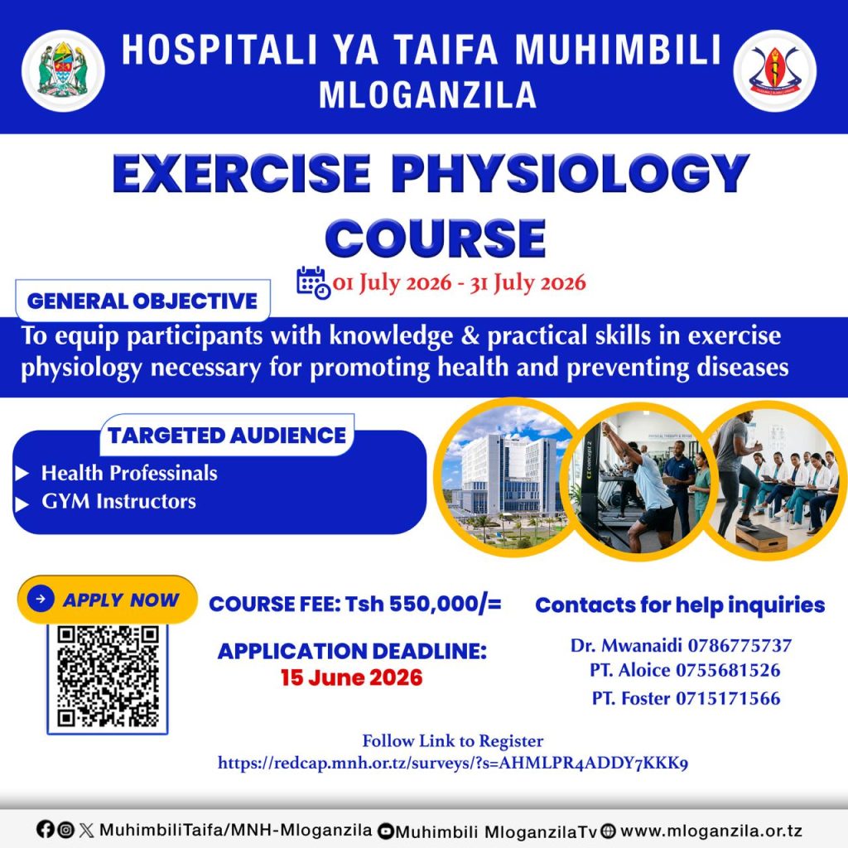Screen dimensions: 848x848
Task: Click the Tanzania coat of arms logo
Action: click(63, 71)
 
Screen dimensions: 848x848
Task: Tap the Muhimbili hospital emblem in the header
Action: click(774, 71)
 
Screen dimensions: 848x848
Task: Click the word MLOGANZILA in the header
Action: click(428, 95)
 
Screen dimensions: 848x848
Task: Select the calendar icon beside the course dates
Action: click(313, 282)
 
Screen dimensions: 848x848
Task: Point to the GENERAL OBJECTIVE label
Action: click(142, 301)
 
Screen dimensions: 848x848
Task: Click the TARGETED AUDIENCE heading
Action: click(227, 436)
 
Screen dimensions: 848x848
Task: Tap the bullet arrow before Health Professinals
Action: click(22, 474)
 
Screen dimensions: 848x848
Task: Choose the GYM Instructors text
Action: click(119, 501)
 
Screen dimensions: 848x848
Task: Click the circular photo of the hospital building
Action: click(506, 479)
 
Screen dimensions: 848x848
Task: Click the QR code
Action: click(108, 677)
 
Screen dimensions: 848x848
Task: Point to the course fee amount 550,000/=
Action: click(445, 604)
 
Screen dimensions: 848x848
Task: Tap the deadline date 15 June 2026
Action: click(351, 677)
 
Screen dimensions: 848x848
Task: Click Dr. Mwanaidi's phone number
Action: click(740, 645)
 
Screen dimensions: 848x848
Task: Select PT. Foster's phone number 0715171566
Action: click(729, 698)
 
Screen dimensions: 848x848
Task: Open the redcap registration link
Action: click(453, 763)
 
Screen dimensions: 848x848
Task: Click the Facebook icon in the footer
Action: click(46, 829)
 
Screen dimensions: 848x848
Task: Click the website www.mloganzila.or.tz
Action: click(711, 830)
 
